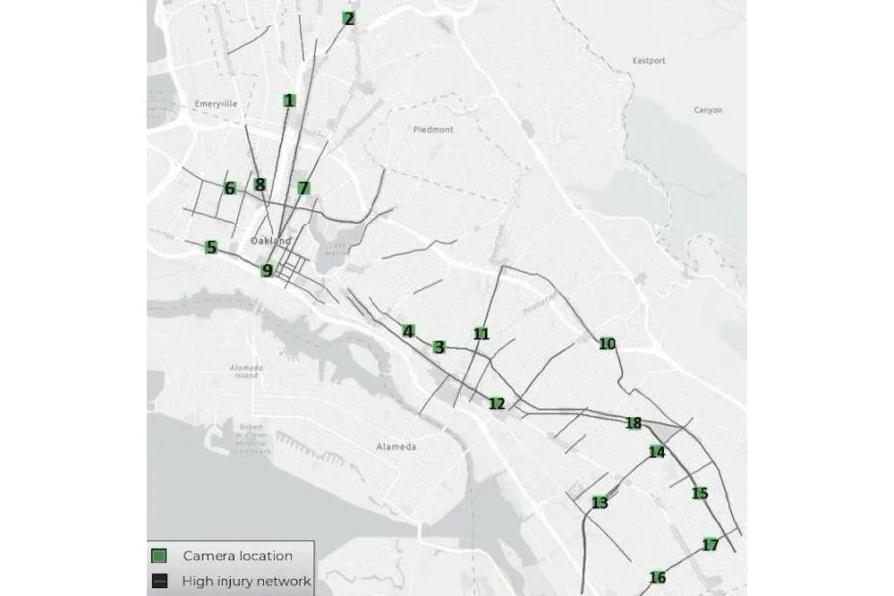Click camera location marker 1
(289, 100)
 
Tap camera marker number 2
(348, 18)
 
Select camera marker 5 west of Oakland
(211, 247)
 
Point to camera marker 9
(266, 270)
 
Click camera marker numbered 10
(608, 344)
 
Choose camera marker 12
(497, 403)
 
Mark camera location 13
(599, 503)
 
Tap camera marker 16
(657, 578)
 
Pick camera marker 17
(710, 545)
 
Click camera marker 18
(634, 424)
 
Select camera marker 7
(304, 188)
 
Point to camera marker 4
(408, 331)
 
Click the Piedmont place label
(432, 129)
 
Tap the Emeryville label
(219, 103)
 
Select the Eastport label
(647, 60)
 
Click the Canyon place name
(708, 110)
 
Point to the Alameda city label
(396, 447)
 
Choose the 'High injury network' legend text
(246, 581)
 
